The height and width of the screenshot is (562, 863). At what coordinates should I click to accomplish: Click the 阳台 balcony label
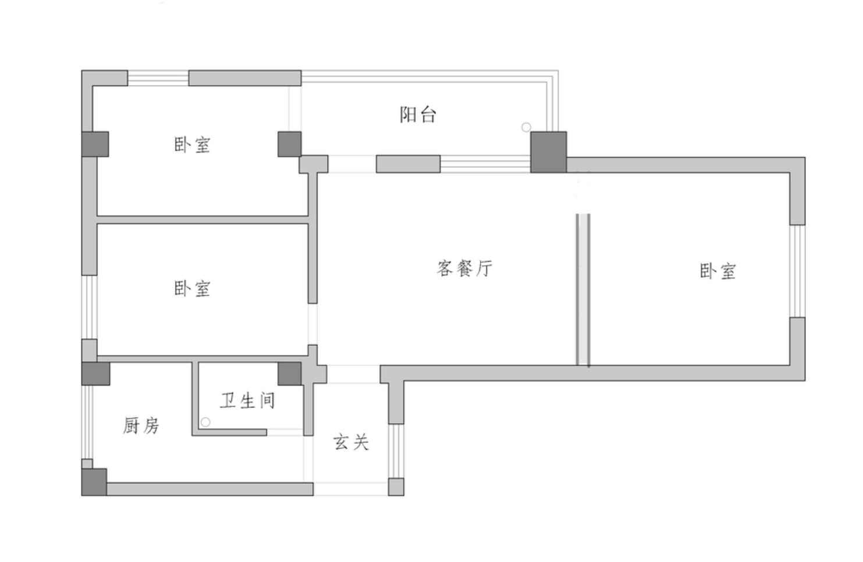coord(418,115)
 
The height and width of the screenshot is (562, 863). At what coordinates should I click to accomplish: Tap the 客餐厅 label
coord(464,268)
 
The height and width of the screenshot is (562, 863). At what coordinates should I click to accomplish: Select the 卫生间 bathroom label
coord(247,401)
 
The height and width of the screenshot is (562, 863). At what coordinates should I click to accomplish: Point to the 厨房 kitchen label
coord(141,426)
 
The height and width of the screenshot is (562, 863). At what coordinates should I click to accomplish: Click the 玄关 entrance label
coord(351,442)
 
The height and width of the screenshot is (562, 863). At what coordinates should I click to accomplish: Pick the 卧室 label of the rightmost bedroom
coord(718,271)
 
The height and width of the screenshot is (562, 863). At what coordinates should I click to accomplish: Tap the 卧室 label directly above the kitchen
coord(192,289)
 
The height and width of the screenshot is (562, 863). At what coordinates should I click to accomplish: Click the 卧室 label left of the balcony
coord(192,144)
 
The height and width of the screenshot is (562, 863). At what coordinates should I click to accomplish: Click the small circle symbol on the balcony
coord(526,127)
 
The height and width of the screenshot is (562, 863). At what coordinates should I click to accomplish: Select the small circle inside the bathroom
coord(205,422)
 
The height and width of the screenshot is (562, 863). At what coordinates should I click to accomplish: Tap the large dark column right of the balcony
coord(548,152)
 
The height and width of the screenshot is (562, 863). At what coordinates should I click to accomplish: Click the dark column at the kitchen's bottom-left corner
coord(94,482)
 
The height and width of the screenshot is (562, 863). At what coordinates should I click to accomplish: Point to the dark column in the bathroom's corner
coord(289,373)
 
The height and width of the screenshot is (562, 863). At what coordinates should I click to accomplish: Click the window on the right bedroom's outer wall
coord(797,271)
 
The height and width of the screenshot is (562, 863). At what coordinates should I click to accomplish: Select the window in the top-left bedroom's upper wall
coord(158,78)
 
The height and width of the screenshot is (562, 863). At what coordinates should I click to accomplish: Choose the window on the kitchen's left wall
coord(87,422)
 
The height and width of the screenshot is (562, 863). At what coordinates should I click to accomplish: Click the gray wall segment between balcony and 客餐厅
coord(407,164)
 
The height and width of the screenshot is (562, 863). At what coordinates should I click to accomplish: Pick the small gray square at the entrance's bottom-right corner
coord(396,487)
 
